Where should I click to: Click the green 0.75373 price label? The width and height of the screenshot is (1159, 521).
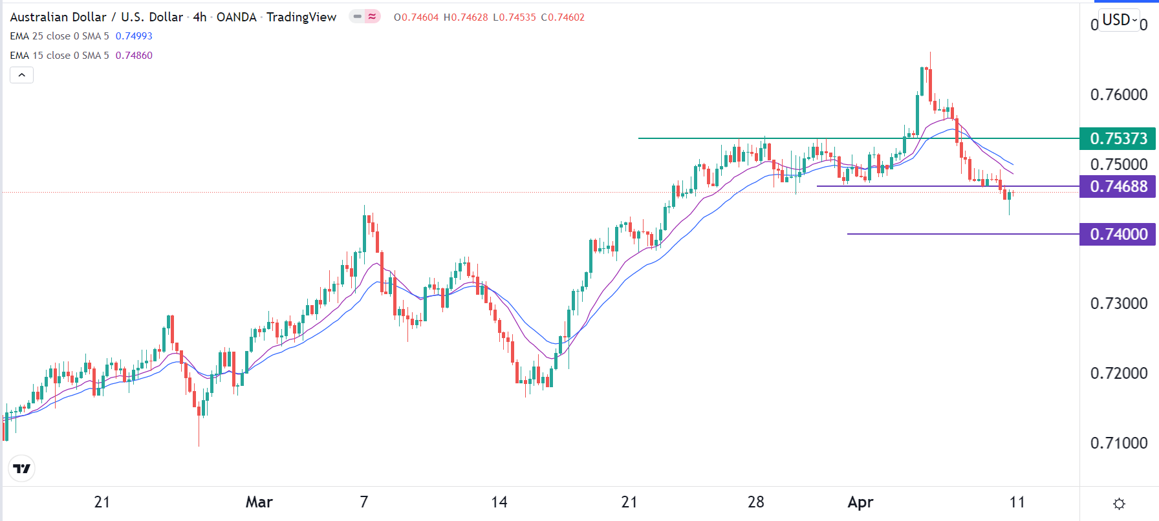[1118, 138]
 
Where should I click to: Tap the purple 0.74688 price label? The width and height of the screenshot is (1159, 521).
[1118, 186]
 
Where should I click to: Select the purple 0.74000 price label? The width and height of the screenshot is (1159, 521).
[1118, 234]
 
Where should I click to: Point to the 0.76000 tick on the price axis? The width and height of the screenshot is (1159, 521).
[1118, 94]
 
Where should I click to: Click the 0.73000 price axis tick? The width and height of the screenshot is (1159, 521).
[1118, 303]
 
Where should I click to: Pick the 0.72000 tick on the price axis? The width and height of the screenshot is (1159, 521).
[1118, 373]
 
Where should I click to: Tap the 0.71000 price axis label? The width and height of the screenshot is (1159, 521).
[1118, 443]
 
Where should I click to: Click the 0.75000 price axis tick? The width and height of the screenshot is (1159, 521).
[1118, 164]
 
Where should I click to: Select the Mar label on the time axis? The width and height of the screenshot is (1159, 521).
[259, 502]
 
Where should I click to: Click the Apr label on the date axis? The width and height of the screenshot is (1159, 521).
[860, 502]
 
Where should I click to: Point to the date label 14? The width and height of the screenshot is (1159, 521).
[499, 502]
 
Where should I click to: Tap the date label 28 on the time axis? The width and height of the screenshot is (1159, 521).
[755, 502]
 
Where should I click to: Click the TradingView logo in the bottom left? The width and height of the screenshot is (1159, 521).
[22, 469]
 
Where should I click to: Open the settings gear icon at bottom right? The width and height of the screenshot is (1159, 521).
[1119, 504]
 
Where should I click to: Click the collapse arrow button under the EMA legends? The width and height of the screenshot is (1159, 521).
[21, 75]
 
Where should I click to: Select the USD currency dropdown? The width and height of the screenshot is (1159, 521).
[1120, 20]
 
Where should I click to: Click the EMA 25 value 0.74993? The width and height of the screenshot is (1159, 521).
[134, 36]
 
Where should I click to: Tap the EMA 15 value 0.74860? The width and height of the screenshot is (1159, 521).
[134, 56]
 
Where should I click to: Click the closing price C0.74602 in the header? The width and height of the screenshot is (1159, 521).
[563, 17]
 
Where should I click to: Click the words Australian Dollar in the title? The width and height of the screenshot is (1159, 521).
[58, 17]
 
